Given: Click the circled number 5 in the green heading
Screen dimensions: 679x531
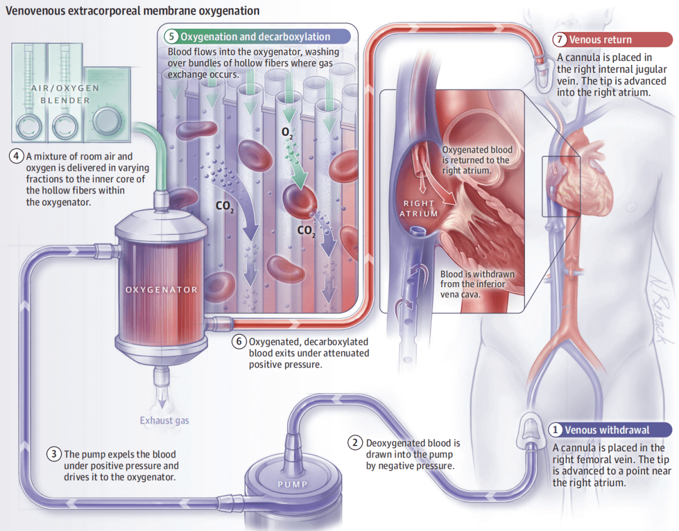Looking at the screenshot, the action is point(172,36).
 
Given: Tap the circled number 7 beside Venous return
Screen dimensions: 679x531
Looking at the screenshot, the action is point(560,40).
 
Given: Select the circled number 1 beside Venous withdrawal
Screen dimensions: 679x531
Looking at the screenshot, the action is point(555,430).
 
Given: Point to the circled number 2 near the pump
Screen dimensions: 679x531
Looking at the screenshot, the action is point(355,443).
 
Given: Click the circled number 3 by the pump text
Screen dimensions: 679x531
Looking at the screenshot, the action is point(53,454).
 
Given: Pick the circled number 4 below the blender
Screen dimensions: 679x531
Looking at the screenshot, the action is point(16,156).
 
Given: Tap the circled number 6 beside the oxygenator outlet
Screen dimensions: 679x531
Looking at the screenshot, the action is point(239,341).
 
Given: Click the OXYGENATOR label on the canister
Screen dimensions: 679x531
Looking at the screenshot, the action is point(162,290).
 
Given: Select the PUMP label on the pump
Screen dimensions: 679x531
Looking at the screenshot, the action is point(293,484).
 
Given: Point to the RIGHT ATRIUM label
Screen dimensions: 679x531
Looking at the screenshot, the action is point(419,208).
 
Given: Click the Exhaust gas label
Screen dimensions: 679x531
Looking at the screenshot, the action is point(164,420).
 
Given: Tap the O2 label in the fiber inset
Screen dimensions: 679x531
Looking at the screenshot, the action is point(287,133).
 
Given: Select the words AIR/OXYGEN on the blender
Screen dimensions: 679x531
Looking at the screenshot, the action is point(65,88).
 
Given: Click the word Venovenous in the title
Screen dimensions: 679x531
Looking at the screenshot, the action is point(35,11).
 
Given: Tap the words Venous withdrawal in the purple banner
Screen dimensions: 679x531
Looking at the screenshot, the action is point(607,430).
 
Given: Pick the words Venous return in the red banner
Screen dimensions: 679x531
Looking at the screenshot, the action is point(600,40).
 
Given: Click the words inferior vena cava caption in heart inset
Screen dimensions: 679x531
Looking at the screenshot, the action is point(472,289).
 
